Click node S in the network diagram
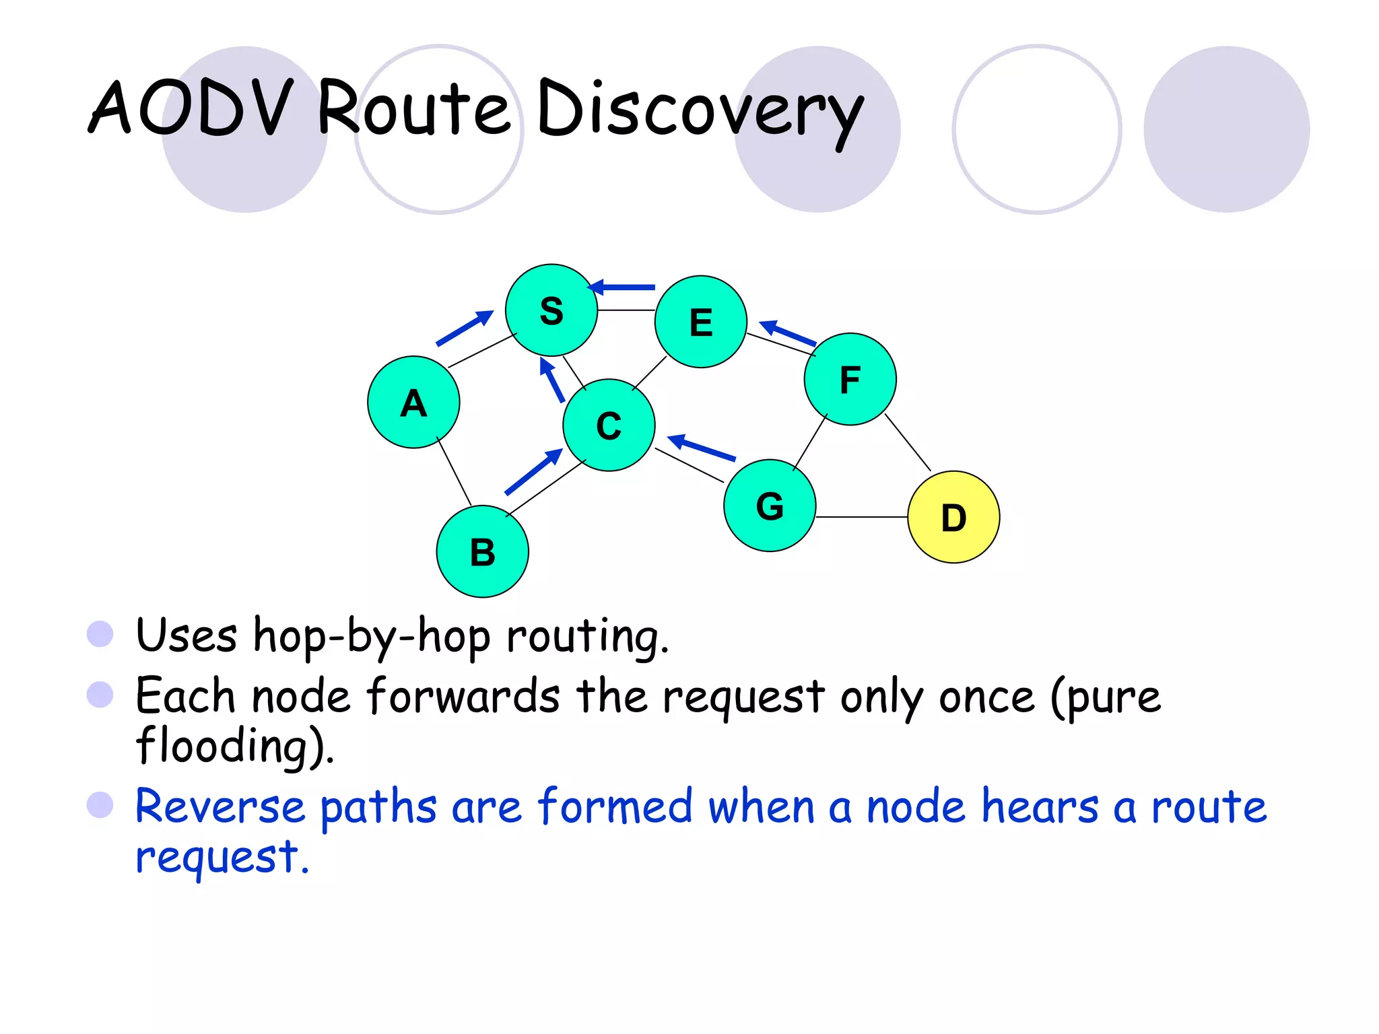click(551, 310)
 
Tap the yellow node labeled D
click(953, 517)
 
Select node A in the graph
click(413, 403)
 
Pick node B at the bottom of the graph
click(482, 552)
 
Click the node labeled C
click(609, 425)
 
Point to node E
click(701, 322)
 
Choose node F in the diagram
click(850, 379)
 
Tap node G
click(770, 506)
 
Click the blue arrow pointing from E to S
click(622, 287)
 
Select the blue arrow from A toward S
click(465, 328)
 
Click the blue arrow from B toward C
click(533, 472)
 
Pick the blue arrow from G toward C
click(702, 448)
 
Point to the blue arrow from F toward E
click(787, 333)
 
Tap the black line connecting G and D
click(862, 517)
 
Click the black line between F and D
click(908, 442)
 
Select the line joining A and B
click(455, 472)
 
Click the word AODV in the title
click(192, 108)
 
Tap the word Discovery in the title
click(700, 111)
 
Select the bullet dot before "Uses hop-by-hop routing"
click(100, 633)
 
